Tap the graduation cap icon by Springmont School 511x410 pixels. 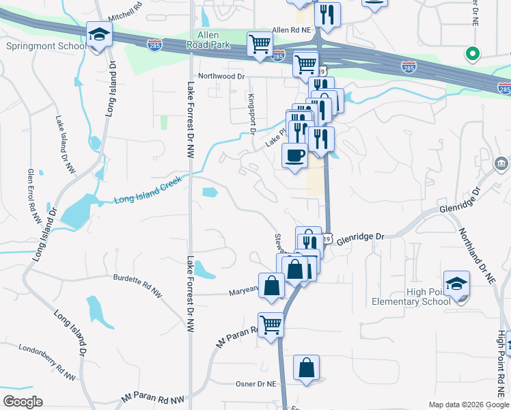point(99,35)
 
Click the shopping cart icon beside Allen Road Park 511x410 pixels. point(260,44)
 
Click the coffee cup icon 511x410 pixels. point(294,155)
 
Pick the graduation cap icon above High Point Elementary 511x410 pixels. point(456,283)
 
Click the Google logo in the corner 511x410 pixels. point(23,402)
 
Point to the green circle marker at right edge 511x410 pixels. point(471,53)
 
